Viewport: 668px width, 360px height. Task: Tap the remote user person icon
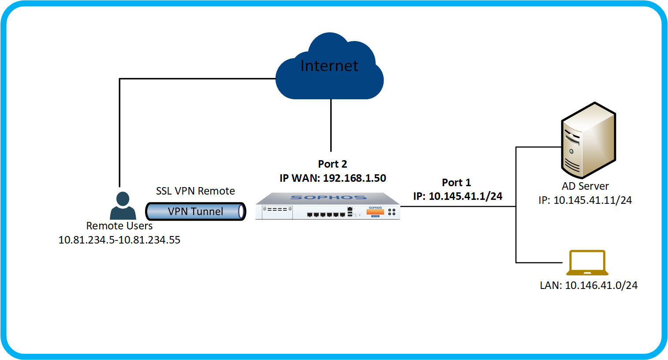123,206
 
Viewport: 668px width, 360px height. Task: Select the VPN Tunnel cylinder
195,211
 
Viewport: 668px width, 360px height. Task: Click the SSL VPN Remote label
195,191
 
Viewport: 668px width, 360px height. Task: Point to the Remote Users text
119,226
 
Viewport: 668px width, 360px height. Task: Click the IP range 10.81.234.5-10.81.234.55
119,240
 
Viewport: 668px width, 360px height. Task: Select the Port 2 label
332,164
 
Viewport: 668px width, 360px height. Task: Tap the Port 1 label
456,183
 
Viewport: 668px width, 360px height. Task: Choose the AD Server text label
585,186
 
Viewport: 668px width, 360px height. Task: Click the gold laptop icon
587,262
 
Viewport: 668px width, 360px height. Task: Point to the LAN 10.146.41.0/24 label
589,285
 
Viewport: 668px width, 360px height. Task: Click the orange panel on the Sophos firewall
375,212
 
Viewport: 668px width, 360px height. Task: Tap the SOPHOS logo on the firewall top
328,198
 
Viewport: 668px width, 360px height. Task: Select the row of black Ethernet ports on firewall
326,214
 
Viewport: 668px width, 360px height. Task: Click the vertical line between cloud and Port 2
331,126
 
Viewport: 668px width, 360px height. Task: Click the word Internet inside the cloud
329,66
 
